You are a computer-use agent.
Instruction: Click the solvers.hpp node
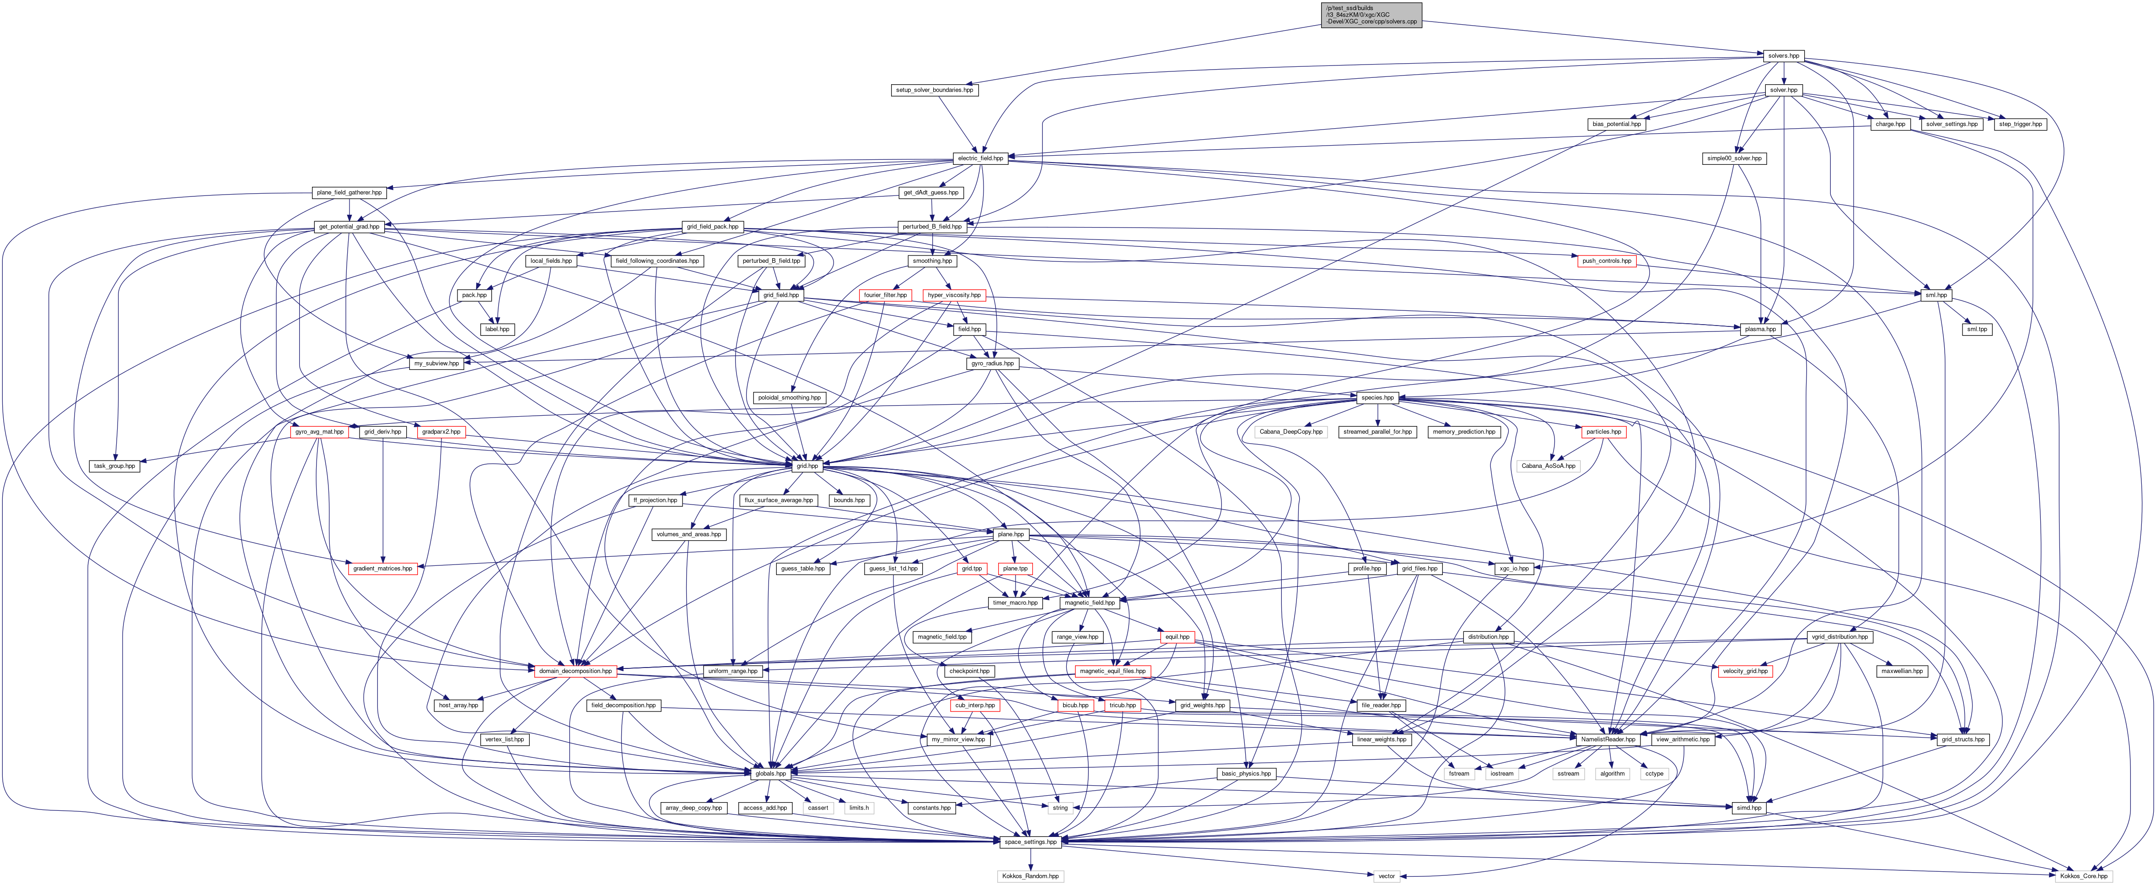(x=1783, y=56)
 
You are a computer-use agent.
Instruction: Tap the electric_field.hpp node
(x=981, y=158)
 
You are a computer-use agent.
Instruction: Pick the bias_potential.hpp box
(x=1616, y=124)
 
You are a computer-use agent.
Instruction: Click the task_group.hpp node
(x=114, y=466)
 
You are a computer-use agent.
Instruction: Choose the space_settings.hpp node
(x=1030, y=842)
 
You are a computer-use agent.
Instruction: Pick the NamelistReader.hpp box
(x=1607, y=739)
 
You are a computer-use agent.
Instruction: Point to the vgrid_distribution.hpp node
(x=1839, y=637)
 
